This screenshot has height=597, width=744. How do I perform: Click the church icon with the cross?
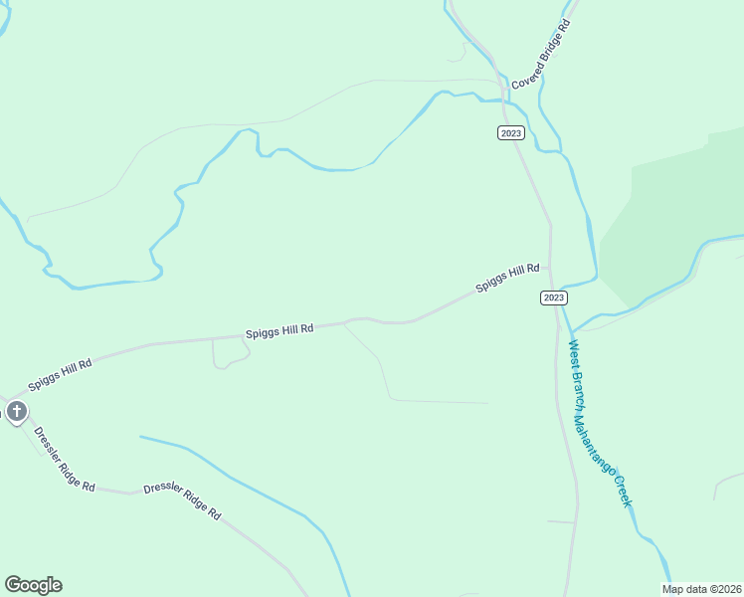point(16,411)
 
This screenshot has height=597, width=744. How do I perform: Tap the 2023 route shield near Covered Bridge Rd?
point(511,133)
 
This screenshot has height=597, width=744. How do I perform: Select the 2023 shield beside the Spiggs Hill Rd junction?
point(554,298)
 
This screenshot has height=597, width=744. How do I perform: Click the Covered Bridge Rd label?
point(539,56)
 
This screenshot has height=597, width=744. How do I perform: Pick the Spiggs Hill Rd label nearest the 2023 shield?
point(507,277)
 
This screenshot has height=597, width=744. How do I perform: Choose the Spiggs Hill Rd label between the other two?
point(279,329)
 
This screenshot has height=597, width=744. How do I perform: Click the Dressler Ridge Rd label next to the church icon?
point(64,460)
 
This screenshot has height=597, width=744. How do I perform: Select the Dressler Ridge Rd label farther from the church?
point(182,500)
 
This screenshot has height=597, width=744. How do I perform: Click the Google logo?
point(33,585)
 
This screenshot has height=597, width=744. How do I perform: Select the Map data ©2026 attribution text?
point(702,589)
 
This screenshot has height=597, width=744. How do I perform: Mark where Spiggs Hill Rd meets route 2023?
point(550,268)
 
